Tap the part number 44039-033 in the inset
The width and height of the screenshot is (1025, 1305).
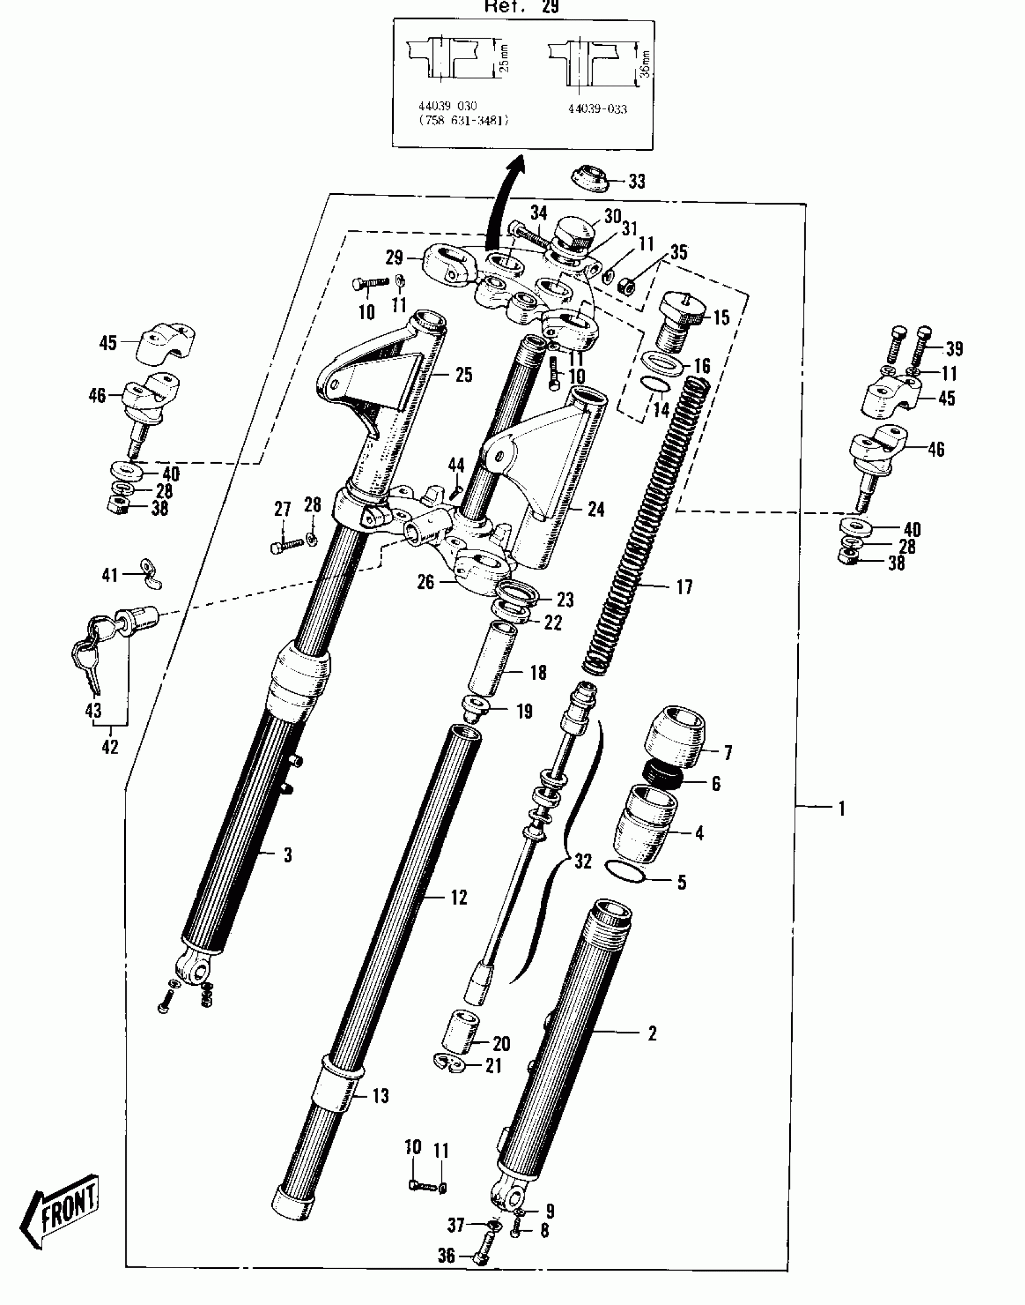coord(597,109)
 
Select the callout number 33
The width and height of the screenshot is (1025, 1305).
coord(637,181)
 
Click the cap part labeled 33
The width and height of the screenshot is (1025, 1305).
coord(589,179)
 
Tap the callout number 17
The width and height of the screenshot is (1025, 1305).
coord(684,587)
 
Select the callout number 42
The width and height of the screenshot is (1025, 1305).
coord(109,747)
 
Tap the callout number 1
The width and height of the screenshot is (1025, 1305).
coord(842,808)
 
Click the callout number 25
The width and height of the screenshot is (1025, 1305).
coord(463,375)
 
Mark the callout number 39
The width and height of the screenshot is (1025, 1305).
coord(954,348)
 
